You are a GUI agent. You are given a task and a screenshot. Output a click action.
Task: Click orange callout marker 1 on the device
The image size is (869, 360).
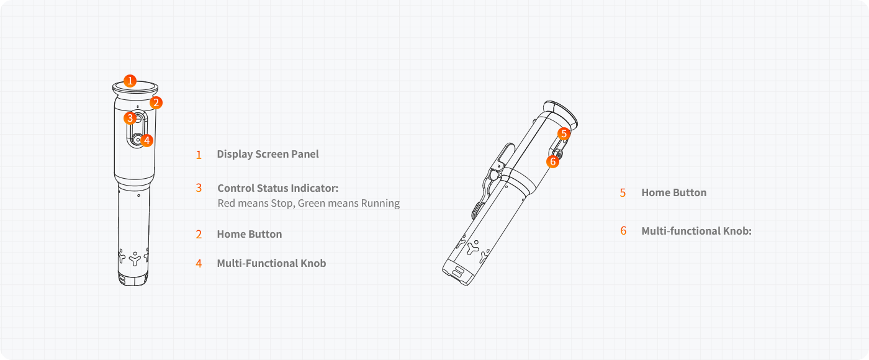(x=130, y=81)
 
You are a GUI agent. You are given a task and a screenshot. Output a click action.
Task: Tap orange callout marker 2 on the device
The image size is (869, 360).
(x=156, y=103)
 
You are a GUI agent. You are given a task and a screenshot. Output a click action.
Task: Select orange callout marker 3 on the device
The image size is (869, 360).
(x=130, y=118)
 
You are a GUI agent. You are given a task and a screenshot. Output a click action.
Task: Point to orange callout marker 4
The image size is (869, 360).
(x=146, y=140)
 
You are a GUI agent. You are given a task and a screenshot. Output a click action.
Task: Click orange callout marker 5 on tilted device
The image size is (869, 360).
(x=564, y=133)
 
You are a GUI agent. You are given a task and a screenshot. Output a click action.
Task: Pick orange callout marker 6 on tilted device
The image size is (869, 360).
(x=552, y=161)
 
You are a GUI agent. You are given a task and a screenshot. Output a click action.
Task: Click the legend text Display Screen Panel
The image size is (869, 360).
(x=268, y=154)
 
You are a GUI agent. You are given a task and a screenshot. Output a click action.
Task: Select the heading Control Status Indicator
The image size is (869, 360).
(x=278, y=188)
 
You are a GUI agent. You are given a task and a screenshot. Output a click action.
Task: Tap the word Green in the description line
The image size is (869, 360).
(x=311, y=204)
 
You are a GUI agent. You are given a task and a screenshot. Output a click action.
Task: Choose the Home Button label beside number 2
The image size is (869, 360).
(x=250, y=234)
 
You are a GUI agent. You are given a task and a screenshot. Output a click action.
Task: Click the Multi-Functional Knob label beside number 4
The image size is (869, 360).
(x=272, y=263)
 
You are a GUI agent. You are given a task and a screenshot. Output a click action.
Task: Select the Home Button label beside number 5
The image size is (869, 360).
(x=674, y=192)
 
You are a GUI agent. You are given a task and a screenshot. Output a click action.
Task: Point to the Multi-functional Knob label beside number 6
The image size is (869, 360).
(x=696, y=231)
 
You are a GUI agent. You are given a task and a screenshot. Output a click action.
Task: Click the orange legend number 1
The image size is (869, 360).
(x=199, y=155)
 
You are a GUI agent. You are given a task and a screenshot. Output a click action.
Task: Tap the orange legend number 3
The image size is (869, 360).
(x=199, y=188)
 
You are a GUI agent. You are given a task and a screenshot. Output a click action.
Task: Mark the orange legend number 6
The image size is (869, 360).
(x=623, y=231)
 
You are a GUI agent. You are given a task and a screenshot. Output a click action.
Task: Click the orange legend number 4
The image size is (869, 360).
(x=199, y=264)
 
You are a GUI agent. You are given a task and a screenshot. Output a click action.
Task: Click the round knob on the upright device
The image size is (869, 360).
(x=137, y=139)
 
